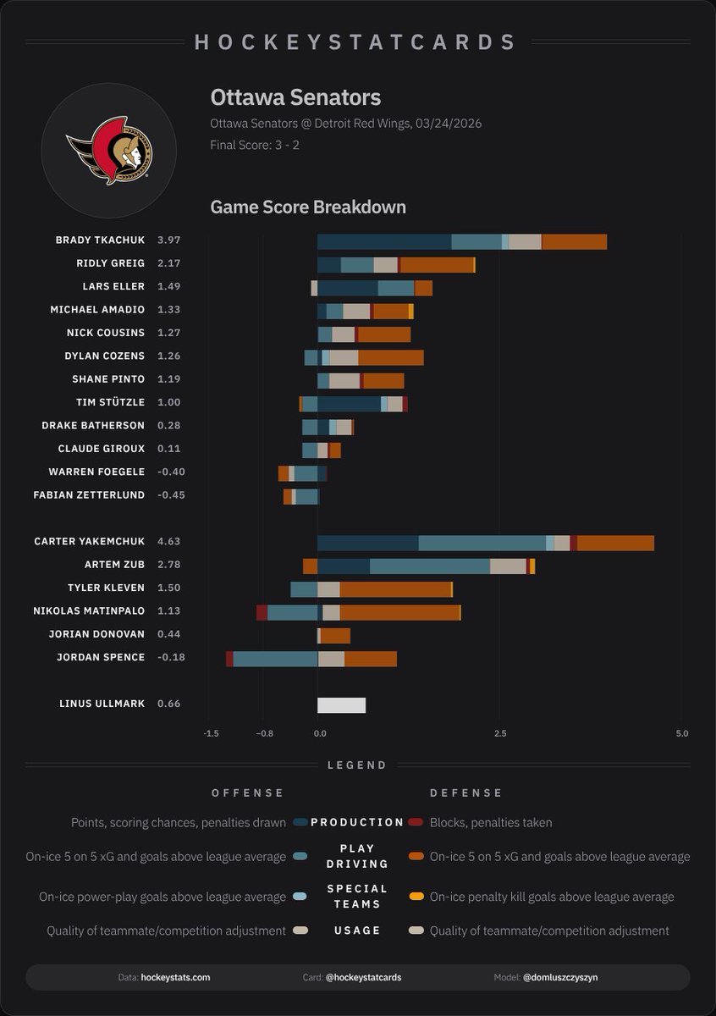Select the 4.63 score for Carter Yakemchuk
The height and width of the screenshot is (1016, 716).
(168, 541)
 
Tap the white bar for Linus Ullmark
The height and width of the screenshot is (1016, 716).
(341, 705)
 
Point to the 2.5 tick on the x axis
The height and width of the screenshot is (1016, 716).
(500, 733)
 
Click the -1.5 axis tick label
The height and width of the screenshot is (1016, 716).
(211, 733)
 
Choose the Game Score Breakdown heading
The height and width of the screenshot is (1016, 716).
(308, 207)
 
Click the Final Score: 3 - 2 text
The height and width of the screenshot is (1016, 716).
(255, 145)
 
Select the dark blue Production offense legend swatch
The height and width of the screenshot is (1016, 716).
(300, 822)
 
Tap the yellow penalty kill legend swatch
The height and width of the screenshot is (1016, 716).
(416, 897)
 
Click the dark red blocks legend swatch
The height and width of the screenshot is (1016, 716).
(416, 822)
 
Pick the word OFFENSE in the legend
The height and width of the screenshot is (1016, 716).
(248, 793)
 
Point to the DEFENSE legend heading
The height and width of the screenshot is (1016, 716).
(466, 793)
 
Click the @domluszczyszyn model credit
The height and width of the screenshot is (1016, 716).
(560, 977)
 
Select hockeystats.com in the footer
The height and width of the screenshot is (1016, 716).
(175, 977)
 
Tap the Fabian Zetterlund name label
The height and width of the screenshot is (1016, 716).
(89, 495)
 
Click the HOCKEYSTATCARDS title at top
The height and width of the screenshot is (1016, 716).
(356, 42)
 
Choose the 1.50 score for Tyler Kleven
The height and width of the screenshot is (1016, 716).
(168, 588)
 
